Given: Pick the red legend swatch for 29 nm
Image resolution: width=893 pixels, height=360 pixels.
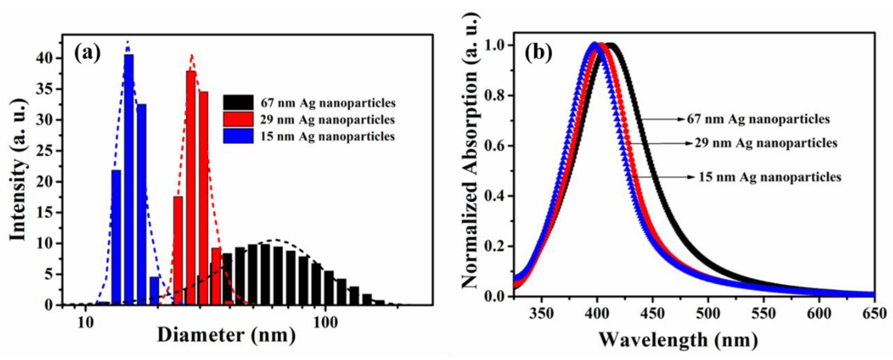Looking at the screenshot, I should point(238,119).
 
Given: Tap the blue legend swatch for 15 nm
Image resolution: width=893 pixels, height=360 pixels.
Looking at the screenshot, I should point(238,136).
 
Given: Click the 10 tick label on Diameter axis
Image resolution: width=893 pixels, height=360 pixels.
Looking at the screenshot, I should point(85,323).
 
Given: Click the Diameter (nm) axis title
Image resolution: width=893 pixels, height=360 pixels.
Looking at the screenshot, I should point(226,336).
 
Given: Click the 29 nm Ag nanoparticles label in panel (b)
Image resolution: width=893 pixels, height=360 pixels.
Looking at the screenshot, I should point(766,143).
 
